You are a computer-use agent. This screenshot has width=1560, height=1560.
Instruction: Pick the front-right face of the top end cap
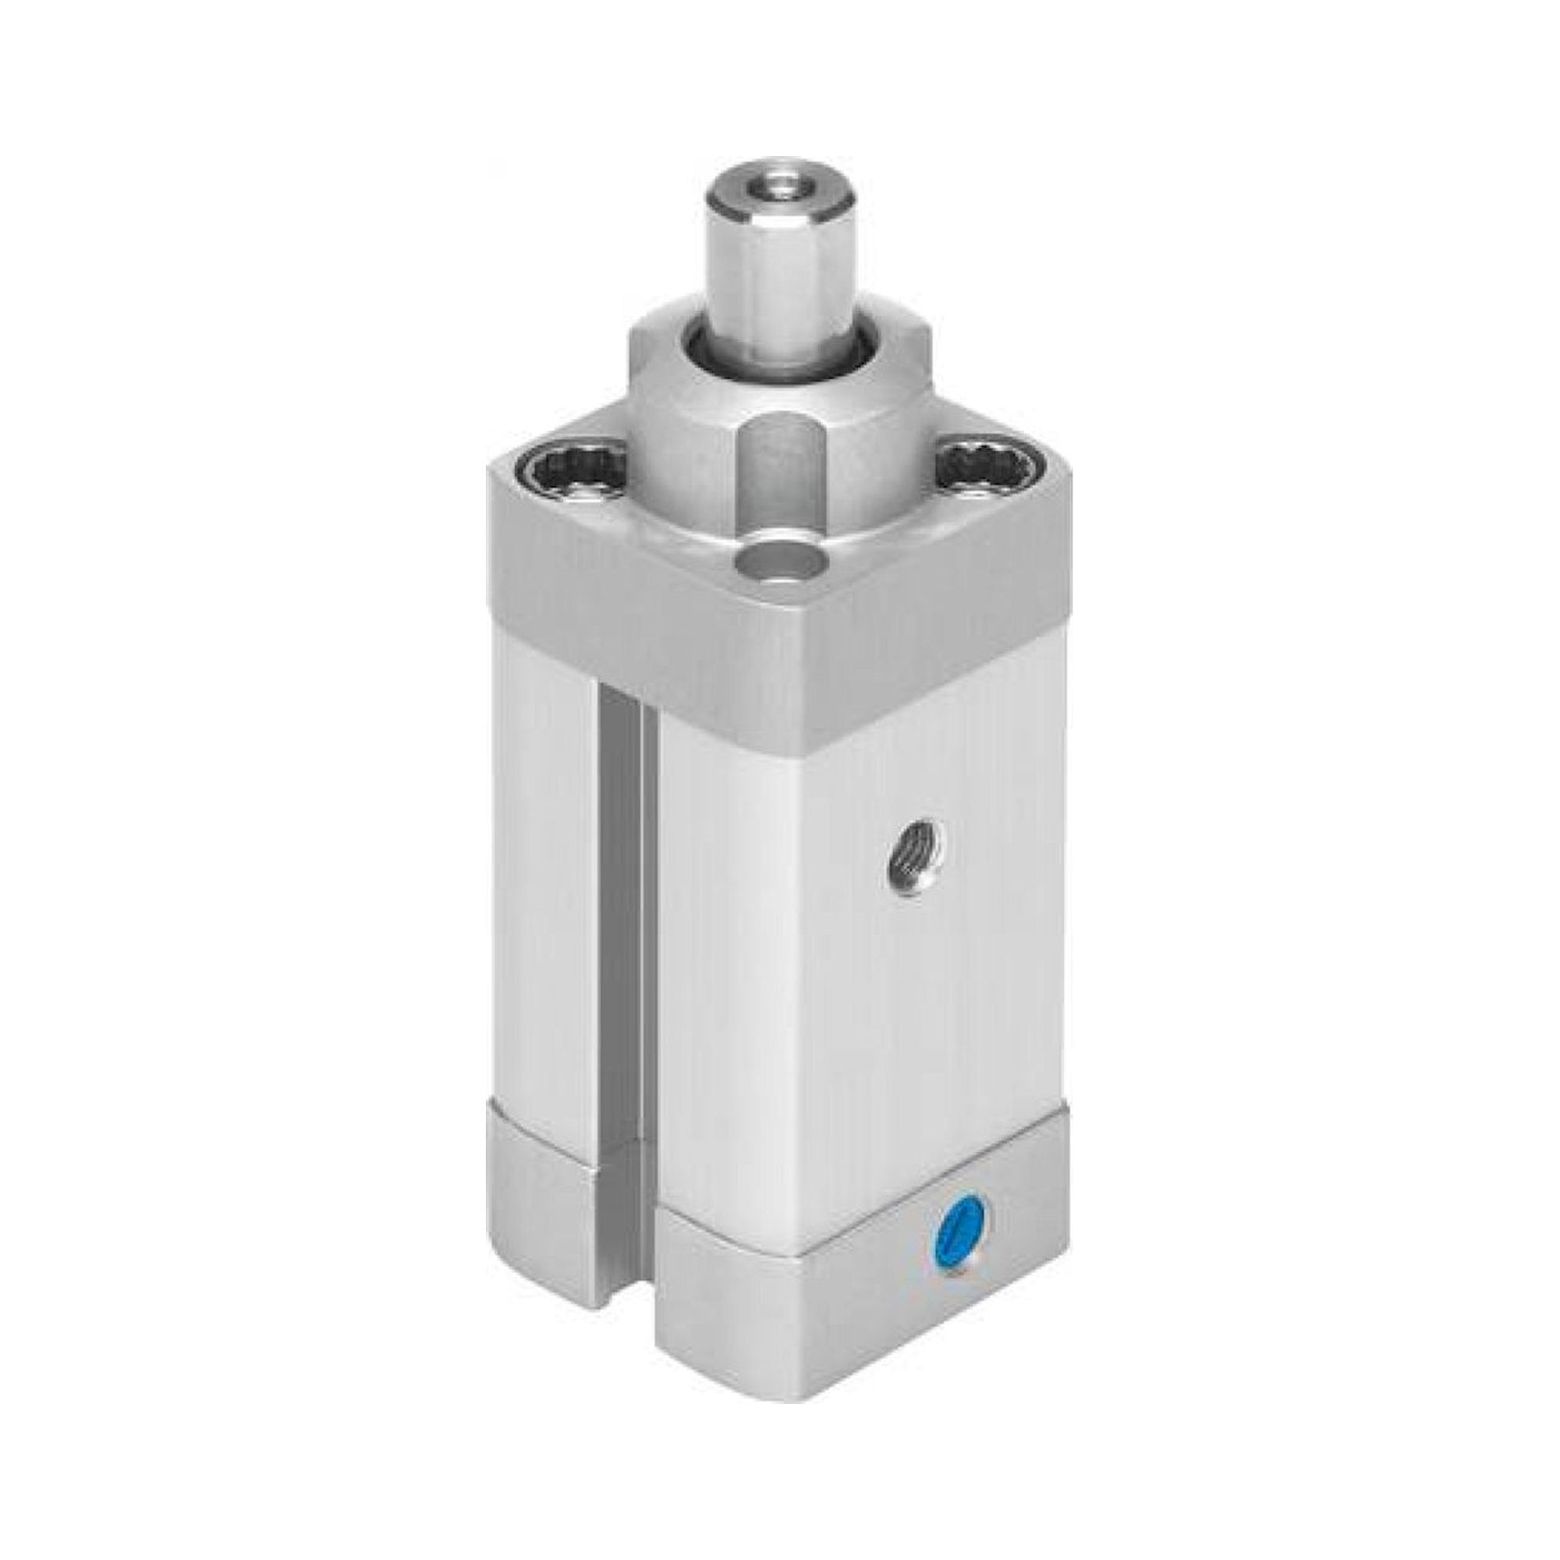pyautogui.click(x=928, y=622)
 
